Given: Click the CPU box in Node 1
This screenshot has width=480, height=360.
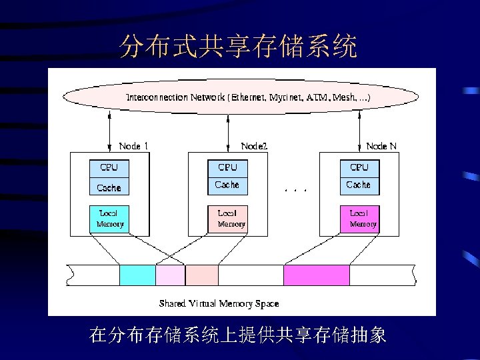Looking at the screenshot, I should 109,167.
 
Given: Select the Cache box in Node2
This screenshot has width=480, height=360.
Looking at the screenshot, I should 227,185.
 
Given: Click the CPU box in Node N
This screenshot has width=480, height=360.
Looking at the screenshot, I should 359,167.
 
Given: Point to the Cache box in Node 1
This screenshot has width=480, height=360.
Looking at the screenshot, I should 109,187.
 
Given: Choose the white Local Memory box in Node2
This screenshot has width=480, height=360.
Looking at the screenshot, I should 227,219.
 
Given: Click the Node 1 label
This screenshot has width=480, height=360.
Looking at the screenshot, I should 133,145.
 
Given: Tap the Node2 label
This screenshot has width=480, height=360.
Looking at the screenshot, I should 254,145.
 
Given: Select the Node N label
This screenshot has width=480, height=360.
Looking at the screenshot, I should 381,145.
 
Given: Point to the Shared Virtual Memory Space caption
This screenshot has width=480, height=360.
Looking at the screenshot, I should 219,303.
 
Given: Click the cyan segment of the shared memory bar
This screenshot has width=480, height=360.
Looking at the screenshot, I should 137,275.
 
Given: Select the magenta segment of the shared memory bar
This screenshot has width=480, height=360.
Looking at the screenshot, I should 316,275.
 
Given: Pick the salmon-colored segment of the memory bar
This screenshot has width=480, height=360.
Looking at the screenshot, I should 201,275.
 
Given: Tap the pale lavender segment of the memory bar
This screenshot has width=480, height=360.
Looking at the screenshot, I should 170,275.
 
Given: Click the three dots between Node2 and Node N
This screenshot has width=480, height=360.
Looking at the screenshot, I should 295,190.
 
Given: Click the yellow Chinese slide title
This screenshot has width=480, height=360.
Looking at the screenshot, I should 238,47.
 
